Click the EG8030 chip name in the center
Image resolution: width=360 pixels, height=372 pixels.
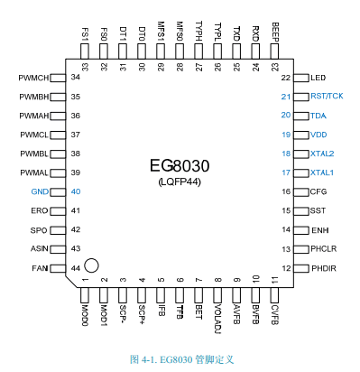coord(180,165)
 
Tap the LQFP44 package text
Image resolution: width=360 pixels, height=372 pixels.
coord(180,182)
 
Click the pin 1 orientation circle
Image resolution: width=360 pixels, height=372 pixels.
coord(91,265)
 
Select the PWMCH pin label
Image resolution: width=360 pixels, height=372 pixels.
coord(33,78)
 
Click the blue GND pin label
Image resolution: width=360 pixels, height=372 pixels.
coord(40,191)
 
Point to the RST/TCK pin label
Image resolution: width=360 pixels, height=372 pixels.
coord(327,96)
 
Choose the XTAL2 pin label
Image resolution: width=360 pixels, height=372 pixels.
coord(322,153)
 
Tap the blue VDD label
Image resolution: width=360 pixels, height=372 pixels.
coord(318,135)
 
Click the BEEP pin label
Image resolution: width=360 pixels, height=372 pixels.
coord(275,32)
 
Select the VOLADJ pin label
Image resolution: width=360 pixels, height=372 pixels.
coord(217,319)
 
